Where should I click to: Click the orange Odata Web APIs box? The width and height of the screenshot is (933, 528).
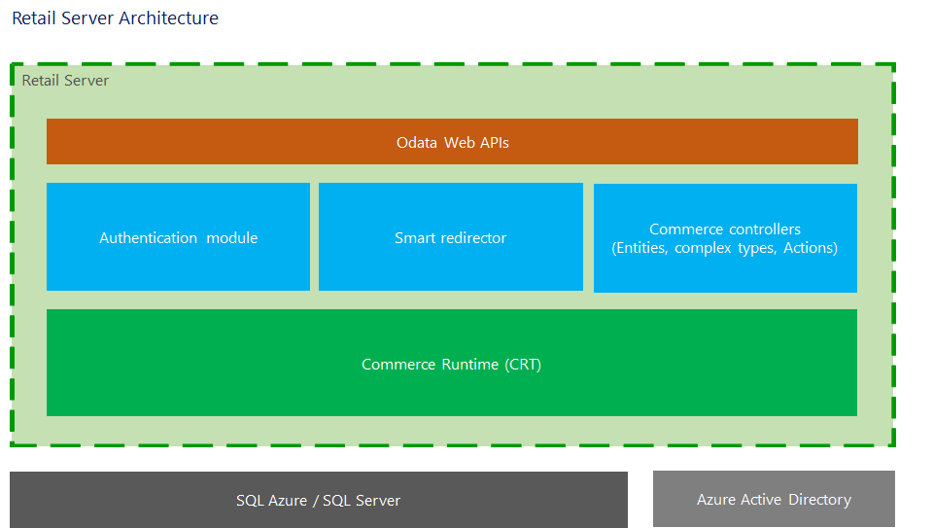point(452,142)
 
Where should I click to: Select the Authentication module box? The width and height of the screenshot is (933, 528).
point(178,237)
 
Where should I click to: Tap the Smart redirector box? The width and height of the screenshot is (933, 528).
point(450,237)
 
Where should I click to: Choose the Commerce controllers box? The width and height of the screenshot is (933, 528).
point(725,238)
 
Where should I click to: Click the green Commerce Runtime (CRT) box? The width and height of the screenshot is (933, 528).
point(452,363)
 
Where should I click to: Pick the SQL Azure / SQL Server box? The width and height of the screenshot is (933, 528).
point(318,500)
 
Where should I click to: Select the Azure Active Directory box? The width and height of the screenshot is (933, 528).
point(774,499)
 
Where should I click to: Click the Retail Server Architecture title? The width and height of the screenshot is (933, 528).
point(115,18)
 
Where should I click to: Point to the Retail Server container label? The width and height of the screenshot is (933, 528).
point(65,80)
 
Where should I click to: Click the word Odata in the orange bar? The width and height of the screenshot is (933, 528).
point(417,143)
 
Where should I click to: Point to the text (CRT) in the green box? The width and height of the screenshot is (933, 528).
point(523,365)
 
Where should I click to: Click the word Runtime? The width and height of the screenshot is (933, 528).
point(471,365)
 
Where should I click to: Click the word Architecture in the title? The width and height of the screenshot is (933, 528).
point(171,18)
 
